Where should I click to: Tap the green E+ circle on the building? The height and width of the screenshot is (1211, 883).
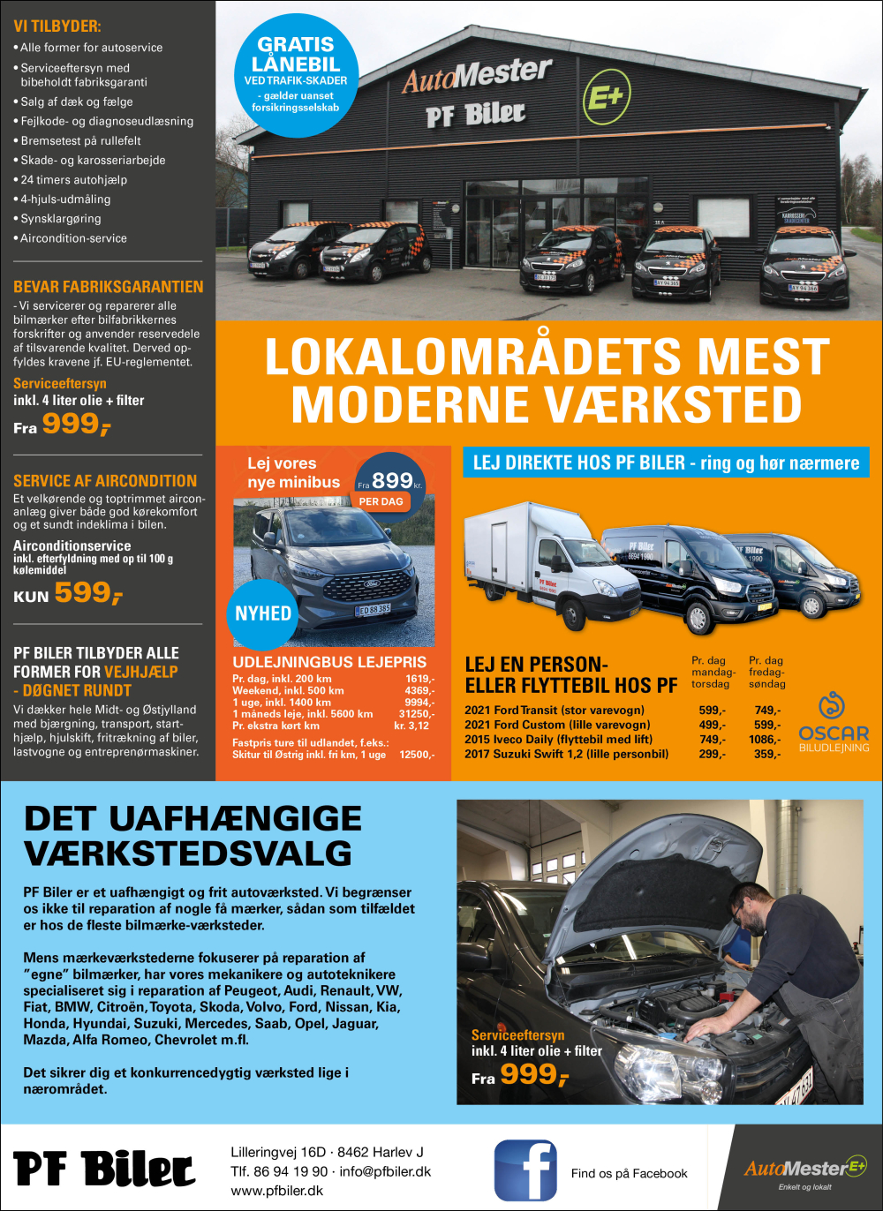click(607, 96)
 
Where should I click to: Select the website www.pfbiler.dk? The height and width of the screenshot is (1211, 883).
click(276, 1191)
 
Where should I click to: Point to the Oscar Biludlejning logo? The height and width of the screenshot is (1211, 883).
click(834, 724)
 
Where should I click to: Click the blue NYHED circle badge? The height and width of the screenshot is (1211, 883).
click(262, 613)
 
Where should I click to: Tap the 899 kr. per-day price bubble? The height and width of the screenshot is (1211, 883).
click(389, 483)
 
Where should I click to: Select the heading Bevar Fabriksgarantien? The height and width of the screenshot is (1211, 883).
click(108, 287)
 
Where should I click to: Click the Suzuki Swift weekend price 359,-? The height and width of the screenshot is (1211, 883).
click(766, 754)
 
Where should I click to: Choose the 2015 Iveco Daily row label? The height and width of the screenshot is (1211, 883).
click(558, 740)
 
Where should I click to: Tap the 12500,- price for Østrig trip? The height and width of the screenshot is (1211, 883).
click(416, 755)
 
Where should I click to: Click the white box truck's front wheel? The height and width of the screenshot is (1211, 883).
click(571, 613)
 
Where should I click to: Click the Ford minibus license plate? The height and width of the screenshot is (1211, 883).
click(373, 609)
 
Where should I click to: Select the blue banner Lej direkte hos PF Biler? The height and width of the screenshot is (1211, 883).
click(666, 463)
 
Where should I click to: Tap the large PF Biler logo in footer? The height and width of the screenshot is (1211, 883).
click(104, 1170)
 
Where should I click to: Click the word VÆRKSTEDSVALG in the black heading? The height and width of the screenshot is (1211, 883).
click(188, 854)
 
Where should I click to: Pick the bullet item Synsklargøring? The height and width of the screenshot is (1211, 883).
click(61, 219)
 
